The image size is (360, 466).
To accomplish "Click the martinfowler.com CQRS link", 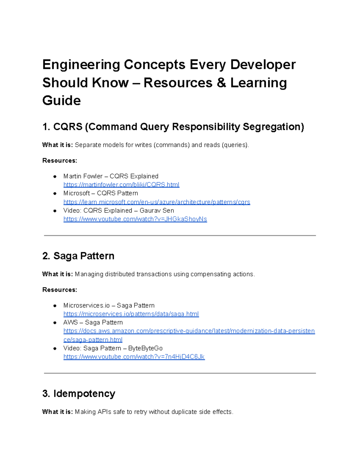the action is [121, 185].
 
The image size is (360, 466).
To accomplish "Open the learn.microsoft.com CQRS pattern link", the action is [157, 202].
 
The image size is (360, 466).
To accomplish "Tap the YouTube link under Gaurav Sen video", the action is [135, 219].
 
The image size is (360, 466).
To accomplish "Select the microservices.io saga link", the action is [131, 314].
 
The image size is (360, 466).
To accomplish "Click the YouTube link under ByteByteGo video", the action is [134, 357].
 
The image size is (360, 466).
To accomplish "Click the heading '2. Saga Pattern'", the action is [78, 256].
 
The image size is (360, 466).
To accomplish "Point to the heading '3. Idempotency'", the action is [79, 393].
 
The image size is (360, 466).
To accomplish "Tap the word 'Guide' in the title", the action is [61, 101].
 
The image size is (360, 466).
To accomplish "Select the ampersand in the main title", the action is [221, 83].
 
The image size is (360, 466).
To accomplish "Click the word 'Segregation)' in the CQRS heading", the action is [273, 127].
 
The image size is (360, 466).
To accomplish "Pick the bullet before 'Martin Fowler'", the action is [55, 176].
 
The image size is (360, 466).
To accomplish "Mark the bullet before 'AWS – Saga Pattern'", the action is [55, 323].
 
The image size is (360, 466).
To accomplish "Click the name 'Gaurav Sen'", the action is [157, 211].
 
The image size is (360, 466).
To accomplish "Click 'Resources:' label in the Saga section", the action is [60, 290].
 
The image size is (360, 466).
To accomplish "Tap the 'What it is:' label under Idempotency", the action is [57, 412].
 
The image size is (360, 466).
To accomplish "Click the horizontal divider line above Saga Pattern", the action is [180, 236].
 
